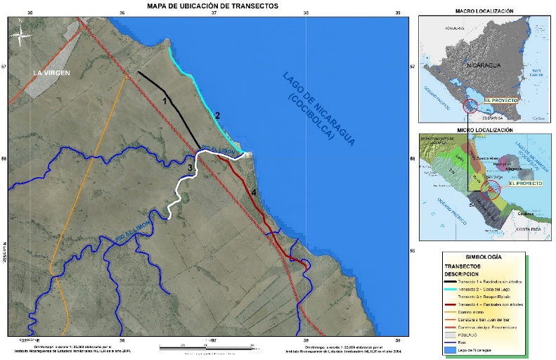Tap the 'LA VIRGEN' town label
point(52,72)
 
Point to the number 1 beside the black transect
point(165,101)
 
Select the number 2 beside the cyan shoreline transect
point(218,115)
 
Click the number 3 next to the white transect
point(189,167)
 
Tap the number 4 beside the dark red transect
point(254,192)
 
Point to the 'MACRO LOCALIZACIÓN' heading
point(484,11)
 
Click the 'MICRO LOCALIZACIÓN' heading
point(484,131)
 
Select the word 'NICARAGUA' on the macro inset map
point(484,65)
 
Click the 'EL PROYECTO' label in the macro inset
point(500,101)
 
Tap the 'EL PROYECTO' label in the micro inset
point(525,183)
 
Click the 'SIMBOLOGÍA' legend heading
point(483,258)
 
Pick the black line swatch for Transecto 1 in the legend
point(457,281)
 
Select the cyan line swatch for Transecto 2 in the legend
point(457,289)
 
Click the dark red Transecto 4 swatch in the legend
point(457,304)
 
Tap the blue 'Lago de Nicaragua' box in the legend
point(457,349)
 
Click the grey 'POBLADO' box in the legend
point(457,335)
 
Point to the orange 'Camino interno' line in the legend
point(457,312)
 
